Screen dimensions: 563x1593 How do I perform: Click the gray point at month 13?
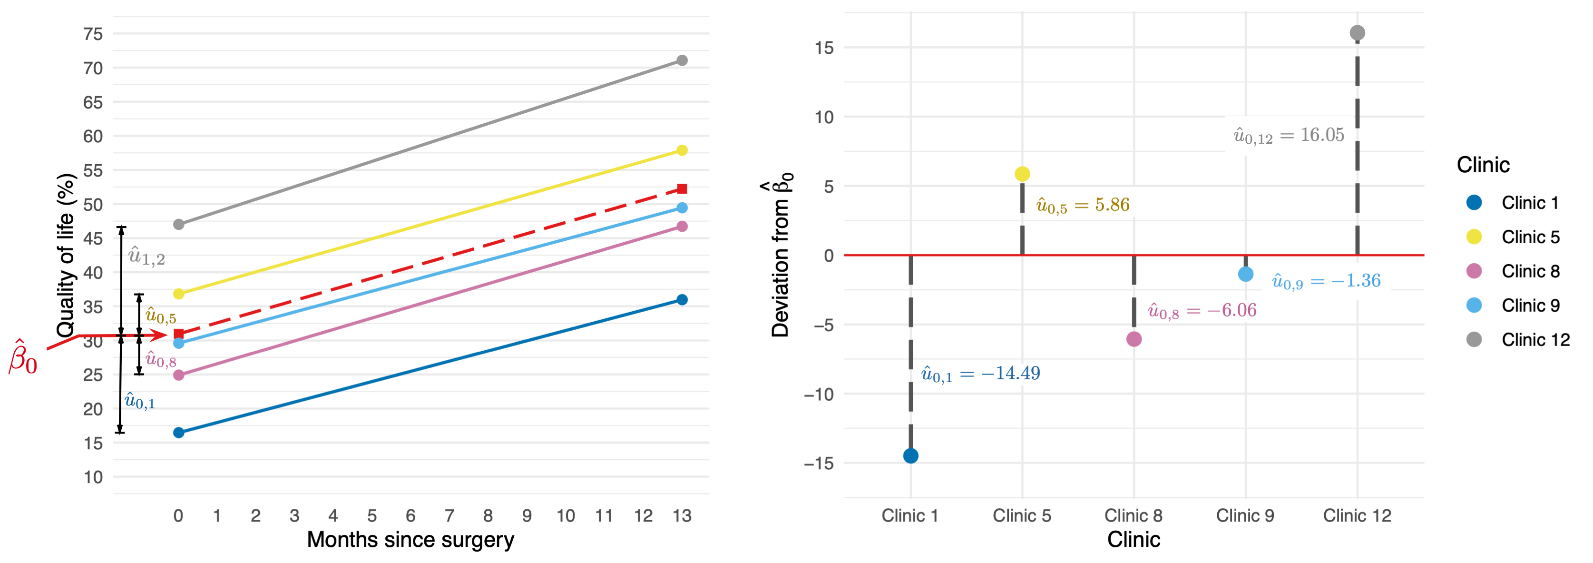[x=682, y=60]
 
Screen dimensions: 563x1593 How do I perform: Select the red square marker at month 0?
[x=179, y=334]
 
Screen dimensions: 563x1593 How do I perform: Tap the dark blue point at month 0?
[x=179, y=433]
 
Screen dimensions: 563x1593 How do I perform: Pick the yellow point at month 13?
[x=682, y=150]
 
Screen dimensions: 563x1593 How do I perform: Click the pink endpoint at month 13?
[x=682, y=227]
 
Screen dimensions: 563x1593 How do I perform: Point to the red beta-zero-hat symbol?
[x=23, y=357]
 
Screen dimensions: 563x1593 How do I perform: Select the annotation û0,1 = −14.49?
[x=980, y=374]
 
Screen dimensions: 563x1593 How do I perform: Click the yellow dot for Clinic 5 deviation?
[x=1022, y=174]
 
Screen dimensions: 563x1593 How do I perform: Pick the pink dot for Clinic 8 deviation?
[x=1134, y=339]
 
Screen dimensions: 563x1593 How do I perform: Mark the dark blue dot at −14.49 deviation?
[x=910, y=456]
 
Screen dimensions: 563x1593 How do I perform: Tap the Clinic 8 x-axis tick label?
[x=1133, y=515]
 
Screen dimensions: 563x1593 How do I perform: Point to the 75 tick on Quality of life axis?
[x=93, y=34]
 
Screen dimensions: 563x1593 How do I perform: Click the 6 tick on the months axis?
[x=410, y=515]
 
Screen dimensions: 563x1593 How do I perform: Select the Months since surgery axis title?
[x=410, y=540]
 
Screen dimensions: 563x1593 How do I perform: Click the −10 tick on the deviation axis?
[x=818, y=394]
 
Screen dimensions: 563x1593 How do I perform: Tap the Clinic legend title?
[x=1483, y=165]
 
